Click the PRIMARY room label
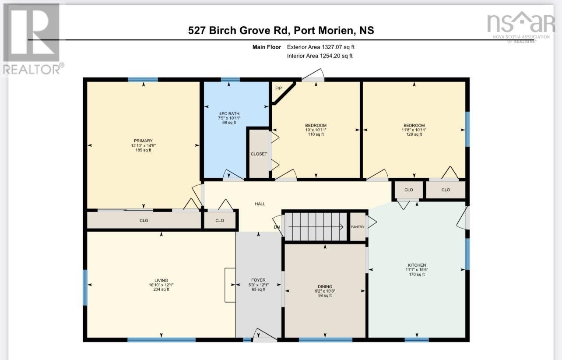[143, 141]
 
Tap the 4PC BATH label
[229, 113]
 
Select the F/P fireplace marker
[278, 88]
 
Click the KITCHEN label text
[417, 265]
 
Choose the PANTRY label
[358, 227]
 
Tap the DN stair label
[277, 227]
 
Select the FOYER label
[258, 280]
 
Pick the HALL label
[260, 204]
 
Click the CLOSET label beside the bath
[259, 154]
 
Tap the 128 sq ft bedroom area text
[414, 134]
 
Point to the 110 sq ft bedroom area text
[316, 134]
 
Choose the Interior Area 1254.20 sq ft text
[320, 56]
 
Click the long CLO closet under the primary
[144, 220]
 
